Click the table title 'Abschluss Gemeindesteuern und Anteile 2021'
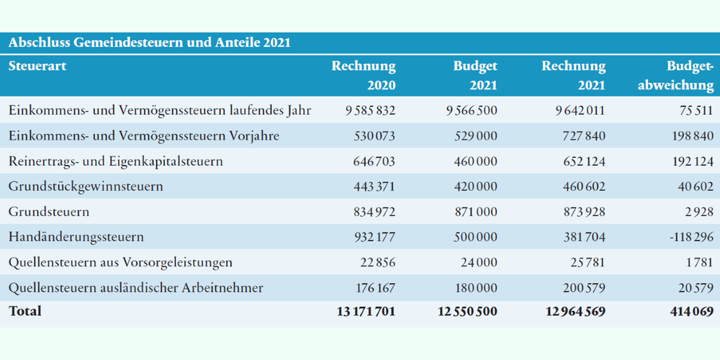(x=150, y=42)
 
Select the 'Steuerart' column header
(x=37, y=66)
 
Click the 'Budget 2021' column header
(x=475, y=76)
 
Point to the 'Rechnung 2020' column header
(x=364, y=76)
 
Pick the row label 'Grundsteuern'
(x=49, y=212)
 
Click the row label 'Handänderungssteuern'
(x=76, y=237)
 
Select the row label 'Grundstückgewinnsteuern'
(x=86, y=187)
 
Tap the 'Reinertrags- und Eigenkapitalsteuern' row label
(x=116, y=161)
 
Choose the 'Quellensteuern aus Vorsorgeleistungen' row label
(x=120, y=263)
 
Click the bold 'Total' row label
(x=24, y=311)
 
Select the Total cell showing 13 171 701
(x=366, y=311)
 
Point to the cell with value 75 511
(x=695, y=111)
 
